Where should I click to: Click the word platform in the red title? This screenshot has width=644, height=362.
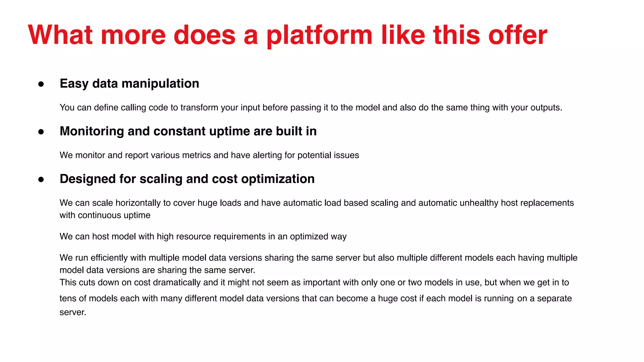coord(319,35)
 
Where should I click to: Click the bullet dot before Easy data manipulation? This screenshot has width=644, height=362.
coord(41,84)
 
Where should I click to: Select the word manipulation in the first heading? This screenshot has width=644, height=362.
coord(160,84)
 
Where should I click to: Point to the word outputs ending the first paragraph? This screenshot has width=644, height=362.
coord(545,107)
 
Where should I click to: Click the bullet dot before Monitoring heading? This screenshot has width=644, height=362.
coord(41,132)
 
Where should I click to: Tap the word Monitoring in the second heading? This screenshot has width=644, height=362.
coord(92,131)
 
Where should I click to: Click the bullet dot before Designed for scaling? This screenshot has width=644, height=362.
coord(41,179)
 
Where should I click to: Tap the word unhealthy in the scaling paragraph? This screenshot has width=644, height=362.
coord(479,203)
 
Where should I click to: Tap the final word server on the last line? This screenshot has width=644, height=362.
coord(72,312)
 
